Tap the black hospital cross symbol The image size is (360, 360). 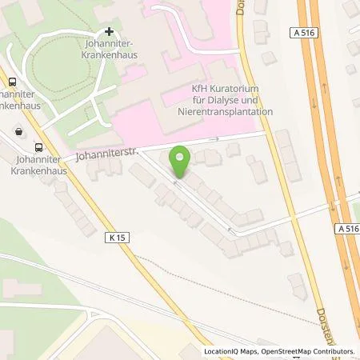tap(110, 31)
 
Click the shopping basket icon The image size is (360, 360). tap(19, 130)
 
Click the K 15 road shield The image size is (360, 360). tap(114, 237)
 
